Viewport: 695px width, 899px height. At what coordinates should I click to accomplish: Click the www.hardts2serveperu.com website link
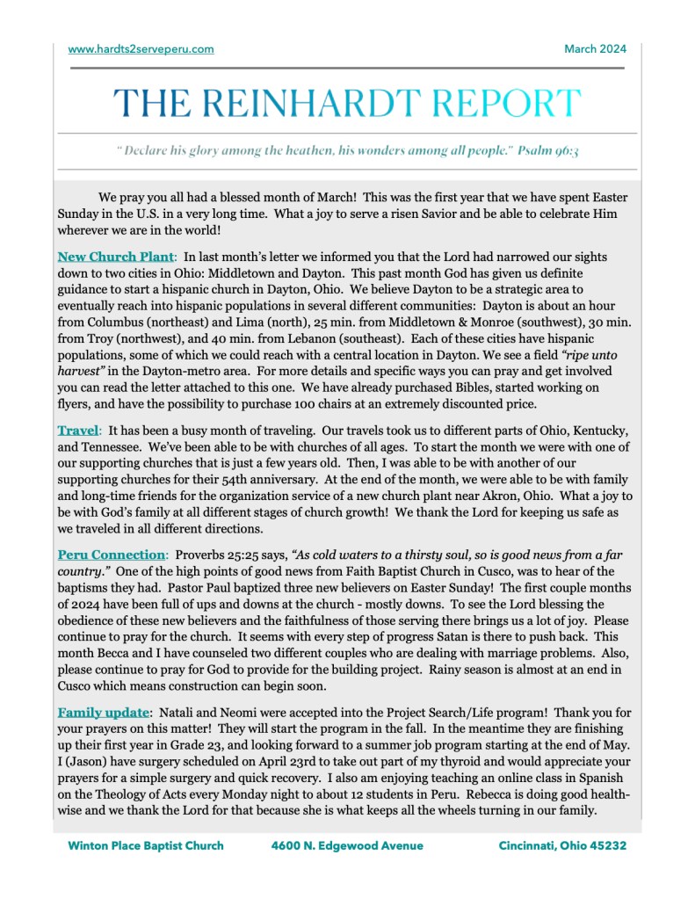point(141,49)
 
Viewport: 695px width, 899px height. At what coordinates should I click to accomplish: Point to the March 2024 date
point(595,49)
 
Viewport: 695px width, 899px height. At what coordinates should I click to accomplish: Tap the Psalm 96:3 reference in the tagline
point(548,150)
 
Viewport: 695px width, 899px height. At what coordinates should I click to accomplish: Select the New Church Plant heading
point(116,257)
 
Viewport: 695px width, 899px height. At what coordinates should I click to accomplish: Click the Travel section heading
point(78,431)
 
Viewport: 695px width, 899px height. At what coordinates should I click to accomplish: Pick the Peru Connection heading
point(112,555)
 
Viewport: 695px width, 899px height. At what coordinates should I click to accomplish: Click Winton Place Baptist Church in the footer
point(146,845)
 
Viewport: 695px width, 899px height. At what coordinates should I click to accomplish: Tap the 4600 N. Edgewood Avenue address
point(347,845)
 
